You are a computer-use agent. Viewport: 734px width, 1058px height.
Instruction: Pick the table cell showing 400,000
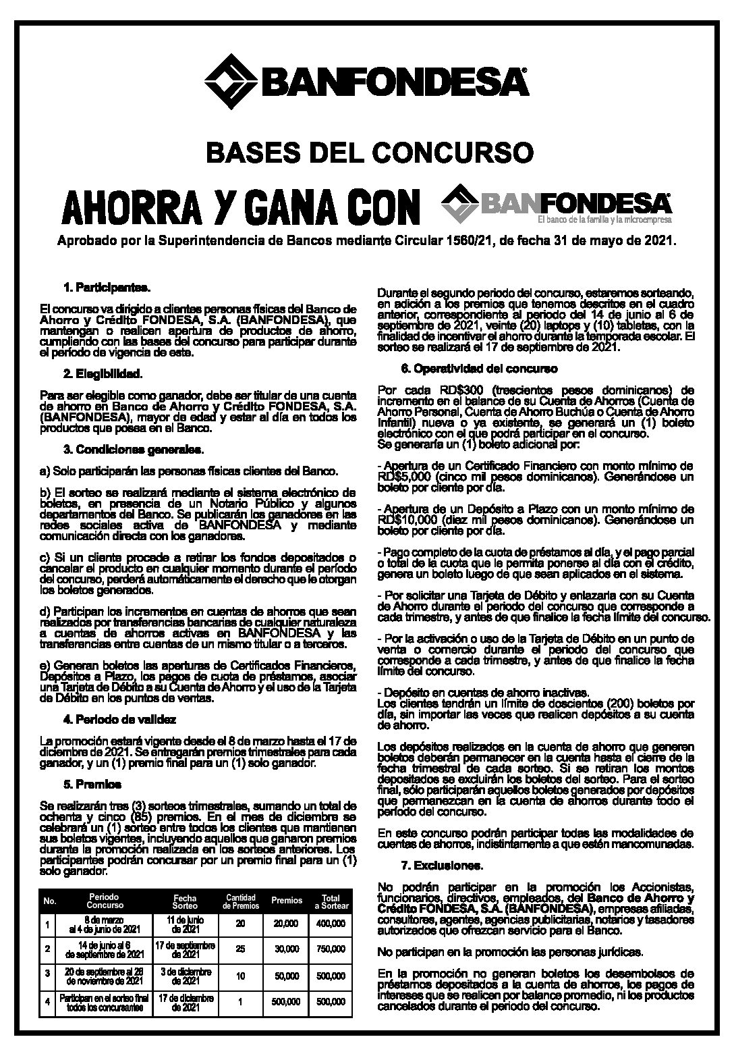331,924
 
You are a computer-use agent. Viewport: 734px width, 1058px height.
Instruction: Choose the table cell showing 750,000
331,949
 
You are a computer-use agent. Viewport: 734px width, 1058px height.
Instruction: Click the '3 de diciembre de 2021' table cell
184,976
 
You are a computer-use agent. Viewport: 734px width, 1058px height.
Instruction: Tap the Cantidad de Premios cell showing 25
241,949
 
